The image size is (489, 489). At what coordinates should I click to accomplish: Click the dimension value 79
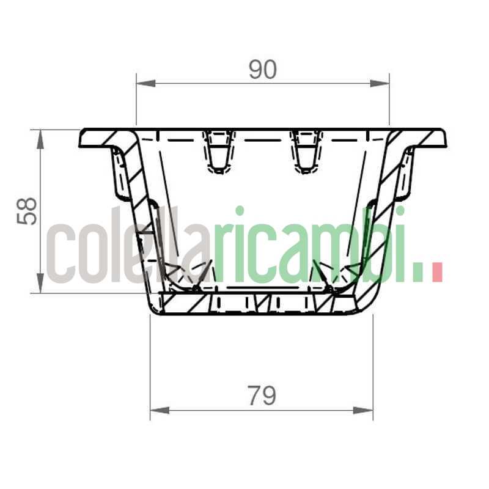pyautogui.click(x=262, y=396)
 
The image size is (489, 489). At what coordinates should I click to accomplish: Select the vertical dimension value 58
pyautogui.click(x=28, y=211)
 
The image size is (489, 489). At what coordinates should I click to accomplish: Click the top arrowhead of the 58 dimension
pyautogui.click(x=40, y=139)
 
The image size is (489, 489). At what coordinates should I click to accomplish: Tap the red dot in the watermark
pyautogui.click(x=436, y=272)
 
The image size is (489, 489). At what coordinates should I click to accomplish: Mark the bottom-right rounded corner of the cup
pyautogui.click(x=365, y=308)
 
